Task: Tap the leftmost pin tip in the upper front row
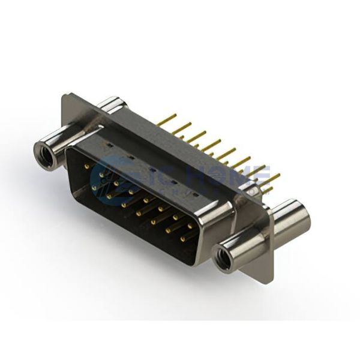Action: coord(87,166)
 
